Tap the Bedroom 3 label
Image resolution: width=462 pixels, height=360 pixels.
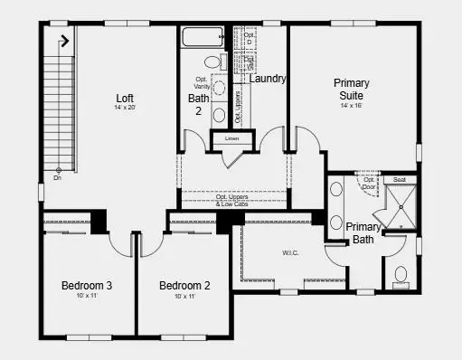[x=87, y=286]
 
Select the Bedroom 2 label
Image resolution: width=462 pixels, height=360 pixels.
[x=184, y=286]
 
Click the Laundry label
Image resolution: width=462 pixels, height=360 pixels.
[x=269, y=79]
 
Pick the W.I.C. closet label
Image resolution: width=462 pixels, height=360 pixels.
[x=290, y=252]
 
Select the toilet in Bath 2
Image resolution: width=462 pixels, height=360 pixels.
[x=213, y=62]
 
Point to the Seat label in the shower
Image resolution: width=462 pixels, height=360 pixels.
[x=399, y=180]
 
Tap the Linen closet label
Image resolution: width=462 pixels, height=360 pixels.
[x=231, y=138]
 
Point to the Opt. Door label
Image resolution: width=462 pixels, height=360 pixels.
[x=370, y=183]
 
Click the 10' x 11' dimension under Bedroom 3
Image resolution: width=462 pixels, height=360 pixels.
[x=87, y=297]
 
